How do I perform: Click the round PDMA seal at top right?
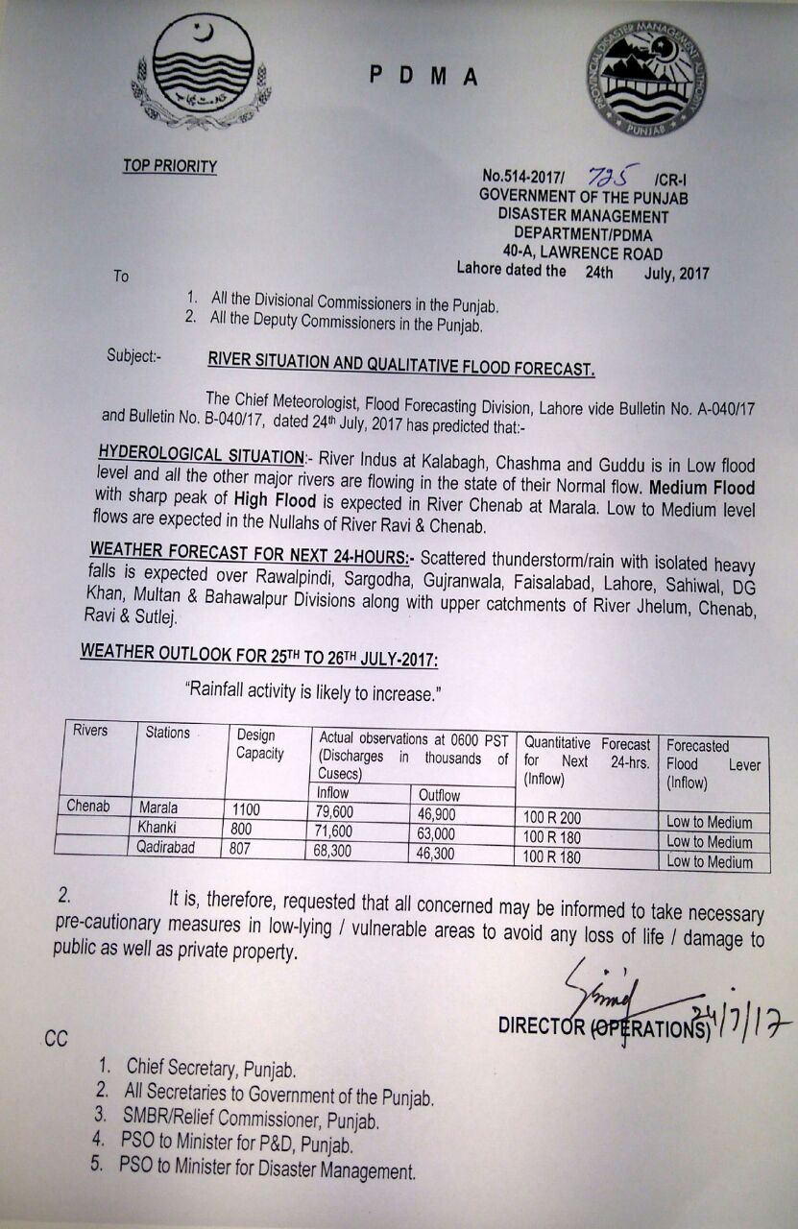tap(645, 77)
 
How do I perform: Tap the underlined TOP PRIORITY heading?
tap(169, 166)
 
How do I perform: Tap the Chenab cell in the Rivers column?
tap(90, 806)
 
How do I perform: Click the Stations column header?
tap(167, 733)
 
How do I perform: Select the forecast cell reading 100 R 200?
tap(552, 818)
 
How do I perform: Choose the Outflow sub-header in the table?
tap(439, 795)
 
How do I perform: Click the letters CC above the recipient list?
tap(56, 1039)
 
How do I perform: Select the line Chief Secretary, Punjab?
tap(210, 1068)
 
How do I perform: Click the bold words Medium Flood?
tap(707, 489)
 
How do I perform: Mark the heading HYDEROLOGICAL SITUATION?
tap(199, 452)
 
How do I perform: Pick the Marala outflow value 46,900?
tap(437, 814)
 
